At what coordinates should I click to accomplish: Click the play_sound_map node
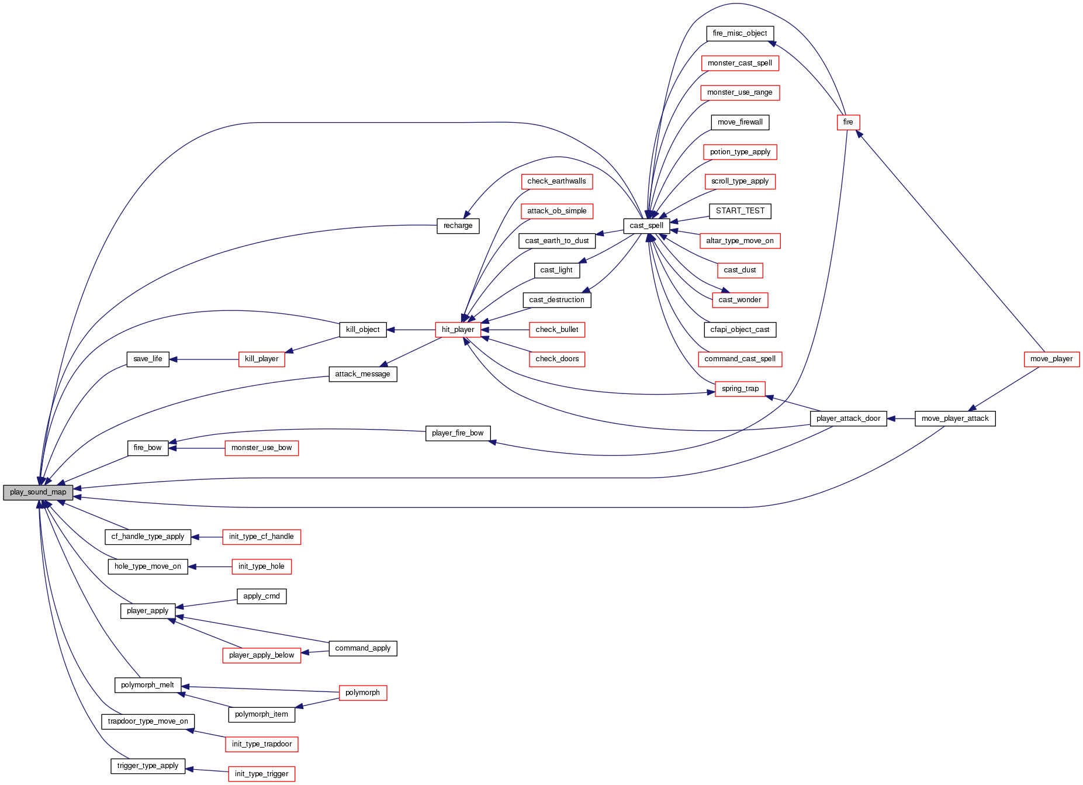(x=38, y=492)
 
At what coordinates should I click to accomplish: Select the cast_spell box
(x=646, y=226)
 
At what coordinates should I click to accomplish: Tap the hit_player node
(x=458, y=330)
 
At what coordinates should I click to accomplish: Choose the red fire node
(x=848, y=122)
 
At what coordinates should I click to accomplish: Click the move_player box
(x=1051, y=359)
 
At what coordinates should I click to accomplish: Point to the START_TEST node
(x=740, y=211)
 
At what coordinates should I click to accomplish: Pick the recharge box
(x=458, y=226)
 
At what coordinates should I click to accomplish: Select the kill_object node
(x=362, y=330)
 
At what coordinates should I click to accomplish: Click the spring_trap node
(x=740, y=389)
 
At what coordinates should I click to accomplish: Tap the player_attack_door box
(x=848, y=419)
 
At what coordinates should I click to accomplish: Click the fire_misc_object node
(x=740, y=33)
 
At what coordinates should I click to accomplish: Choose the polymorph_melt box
(x=147, y=685)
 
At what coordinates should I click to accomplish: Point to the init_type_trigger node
(x=261, y=774)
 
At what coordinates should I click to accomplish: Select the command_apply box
(x=362, y=648)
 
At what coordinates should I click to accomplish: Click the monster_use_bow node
(x=261, y=448)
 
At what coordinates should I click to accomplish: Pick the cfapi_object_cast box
(x=740, y=330)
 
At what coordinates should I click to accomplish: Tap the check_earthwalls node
(x=556, y=181)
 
